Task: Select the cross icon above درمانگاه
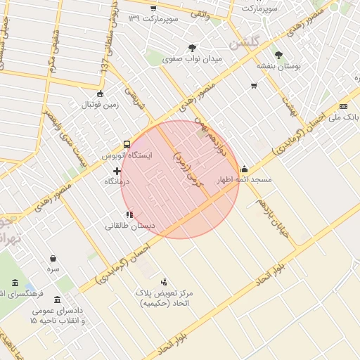[117, 171]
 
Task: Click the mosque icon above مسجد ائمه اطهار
[244, 169]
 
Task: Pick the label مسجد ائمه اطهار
[245, 181]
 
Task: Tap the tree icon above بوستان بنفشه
[279, 55]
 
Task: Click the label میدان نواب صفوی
[192, 59]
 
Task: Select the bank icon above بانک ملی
[344, 105]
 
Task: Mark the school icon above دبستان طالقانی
[129, 214]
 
